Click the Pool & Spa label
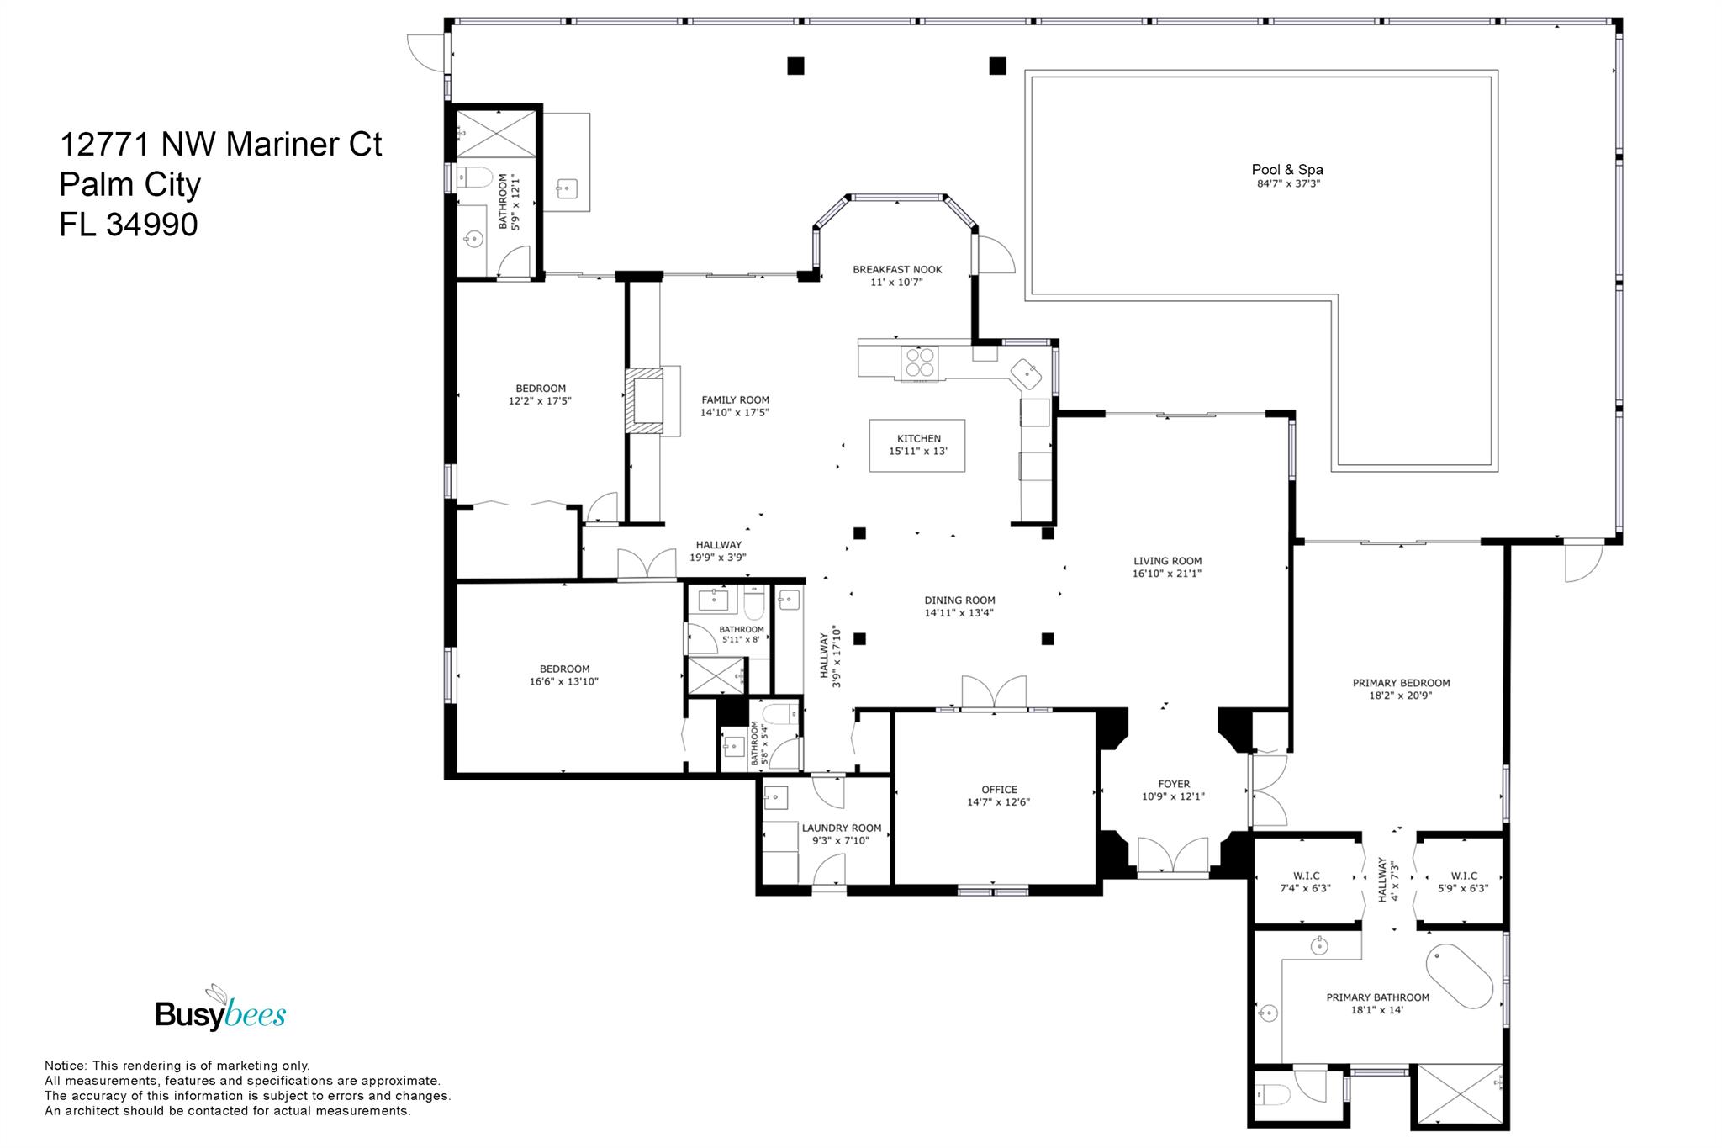(1286, 170)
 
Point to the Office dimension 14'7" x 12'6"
(999, 802)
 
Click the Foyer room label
(1174, 784)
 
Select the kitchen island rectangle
(917, 445)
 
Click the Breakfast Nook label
(897, 270)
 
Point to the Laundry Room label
(842, 828)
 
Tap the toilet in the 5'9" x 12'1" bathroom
(478, 177)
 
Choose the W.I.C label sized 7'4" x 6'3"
(1305, 876)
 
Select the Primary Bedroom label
(1401, 683)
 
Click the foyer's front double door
(1173, 856)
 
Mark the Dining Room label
(959, 600)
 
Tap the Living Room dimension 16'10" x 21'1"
(1167, 574)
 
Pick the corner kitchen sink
(1027, 373)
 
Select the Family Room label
(735, 400)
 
